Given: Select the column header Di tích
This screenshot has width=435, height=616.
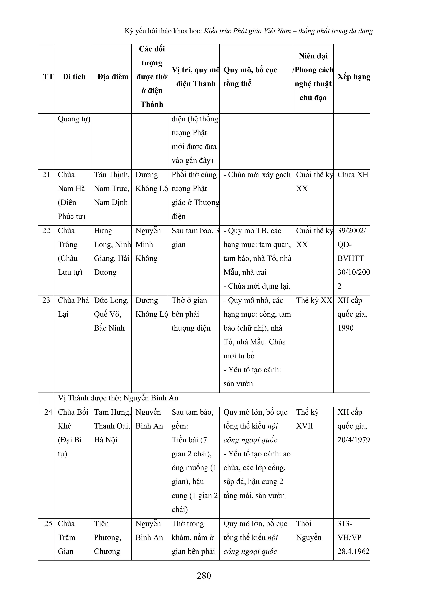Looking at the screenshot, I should [x=74, y=77].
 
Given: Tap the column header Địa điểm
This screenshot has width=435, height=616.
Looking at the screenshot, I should [x=113, y=77].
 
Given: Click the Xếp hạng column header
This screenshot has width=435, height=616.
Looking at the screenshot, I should [x=353, y=77].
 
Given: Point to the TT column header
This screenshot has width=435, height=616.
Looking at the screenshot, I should [x=48, y=77].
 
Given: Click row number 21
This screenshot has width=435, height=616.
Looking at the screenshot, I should [x=46, y=175].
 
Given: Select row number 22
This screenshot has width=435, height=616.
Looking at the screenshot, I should [x=46, y=231].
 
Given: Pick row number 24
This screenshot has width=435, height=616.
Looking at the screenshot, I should [x=48, y=412].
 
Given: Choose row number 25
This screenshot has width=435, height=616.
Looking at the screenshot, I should [x=48, y=523].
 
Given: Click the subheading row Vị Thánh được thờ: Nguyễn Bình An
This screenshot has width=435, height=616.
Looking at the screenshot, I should [x=118, y=398].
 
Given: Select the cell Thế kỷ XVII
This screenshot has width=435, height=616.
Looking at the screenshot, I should [x=307, y=419].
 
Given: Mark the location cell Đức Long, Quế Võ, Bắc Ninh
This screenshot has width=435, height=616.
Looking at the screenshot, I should [x=111, y=314].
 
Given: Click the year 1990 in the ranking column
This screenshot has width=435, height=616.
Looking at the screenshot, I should [x=345, y=328].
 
